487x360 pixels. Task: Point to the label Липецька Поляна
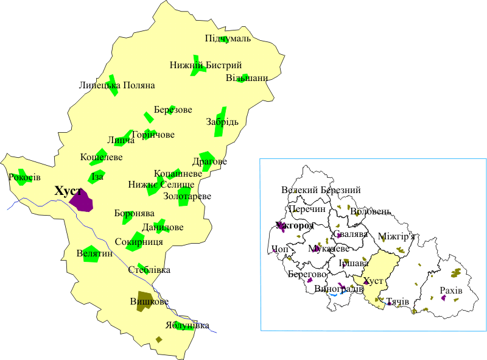tap(117, 86)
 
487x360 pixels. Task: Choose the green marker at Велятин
tap(91, 255)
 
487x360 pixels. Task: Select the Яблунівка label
tap(187, 325)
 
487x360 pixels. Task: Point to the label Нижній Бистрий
tap(206, 66)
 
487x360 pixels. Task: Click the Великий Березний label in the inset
tap(321, 191)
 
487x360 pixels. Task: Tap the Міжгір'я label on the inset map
tap(396, 236)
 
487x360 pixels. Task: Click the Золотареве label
tap(187, 197)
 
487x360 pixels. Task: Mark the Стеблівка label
tap(150, 270)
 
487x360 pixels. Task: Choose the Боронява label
tap(134, 214)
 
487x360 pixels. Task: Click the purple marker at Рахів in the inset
tap(444, 298)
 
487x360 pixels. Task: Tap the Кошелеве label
tap(102, 158)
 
